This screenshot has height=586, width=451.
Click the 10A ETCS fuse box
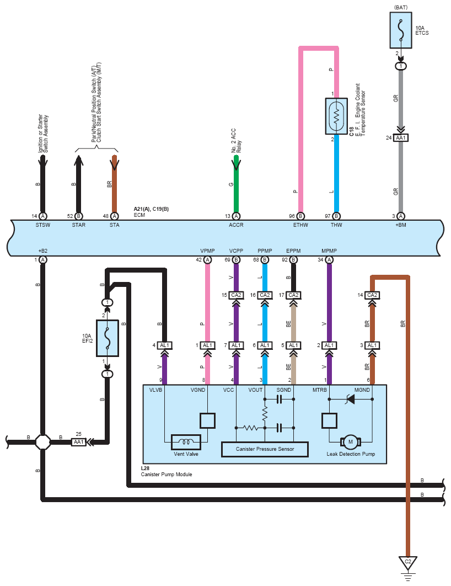[401, 30]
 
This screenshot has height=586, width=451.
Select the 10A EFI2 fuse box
[108, 338]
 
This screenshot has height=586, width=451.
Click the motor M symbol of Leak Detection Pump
[351, 442]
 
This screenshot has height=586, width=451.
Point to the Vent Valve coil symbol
[186, 442]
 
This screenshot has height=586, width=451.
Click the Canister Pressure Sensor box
[265, 449]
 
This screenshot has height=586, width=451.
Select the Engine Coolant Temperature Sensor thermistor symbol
[336, 116]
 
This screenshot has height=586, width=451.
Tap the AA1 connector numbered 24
[401, 138]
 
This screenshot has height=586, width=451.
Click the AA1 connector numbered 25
[79, 442]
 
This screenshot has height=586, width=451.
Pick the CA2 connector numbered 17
[293, 295]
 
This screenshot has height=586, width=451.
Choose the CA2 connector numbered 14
[372, 295]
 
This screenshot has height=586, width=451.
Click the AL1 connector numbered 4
[165, 345]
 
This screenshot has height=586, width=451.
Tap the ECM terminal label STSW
[43, 225]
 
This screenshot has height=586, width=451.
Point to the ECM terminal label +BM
[401, 225]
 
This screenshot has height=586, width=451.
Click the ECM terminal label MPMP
[329, 251]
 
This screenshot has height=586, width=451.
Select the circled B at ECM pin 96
[300, 216]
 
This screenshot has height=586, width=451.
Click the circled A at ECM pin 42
[207, 260]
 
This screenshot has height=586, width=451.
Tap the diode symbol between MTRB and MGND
[351, 399]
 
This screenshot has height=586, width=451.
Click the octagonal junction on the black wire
[43, 442]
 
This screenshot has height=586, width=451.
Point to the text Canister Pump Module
[167, 474]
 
